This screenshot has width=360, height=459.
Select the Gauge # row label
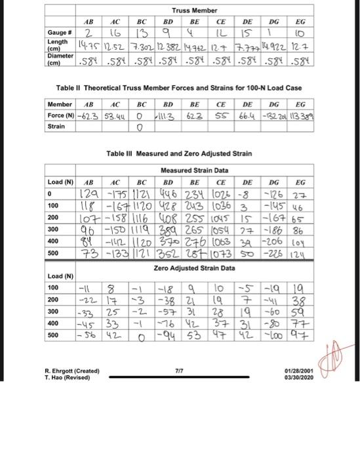tap(60, 31)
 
